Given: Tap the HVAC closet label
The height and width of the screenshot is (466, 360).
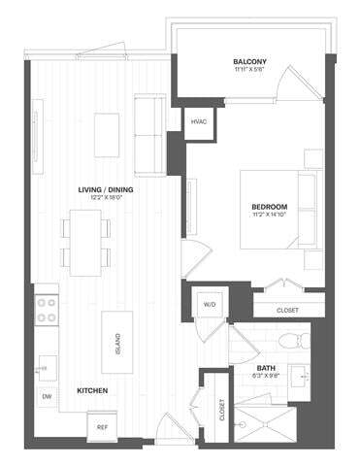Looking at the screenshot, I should [x=199, y=121].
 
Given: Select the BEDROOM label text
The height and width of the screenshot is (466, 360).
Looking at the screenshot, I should [x=268, y=207].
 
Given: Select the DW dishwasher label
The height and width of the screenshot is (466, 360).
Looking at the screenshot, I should [x=46, y=398].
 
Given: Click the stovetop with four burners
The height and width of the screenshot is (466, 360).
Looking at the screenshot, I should [x=46, y=310].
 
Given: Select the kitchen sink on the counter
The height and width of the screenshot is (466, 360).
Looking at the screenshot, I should [x=45, y=366].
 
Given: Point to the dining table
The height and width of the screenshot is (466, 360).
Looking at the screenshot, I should [x=84, y=242].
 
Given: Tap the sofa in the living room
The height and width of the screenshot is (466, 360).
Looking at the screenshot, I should [x=149, y=131].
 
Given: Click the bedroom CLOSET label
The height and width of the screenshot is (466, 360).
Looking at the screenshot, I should [x=287, y=310].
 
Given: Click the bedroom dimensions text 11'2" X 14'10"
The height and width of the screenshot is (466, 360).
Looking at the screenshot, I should [x=268, y=216].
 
